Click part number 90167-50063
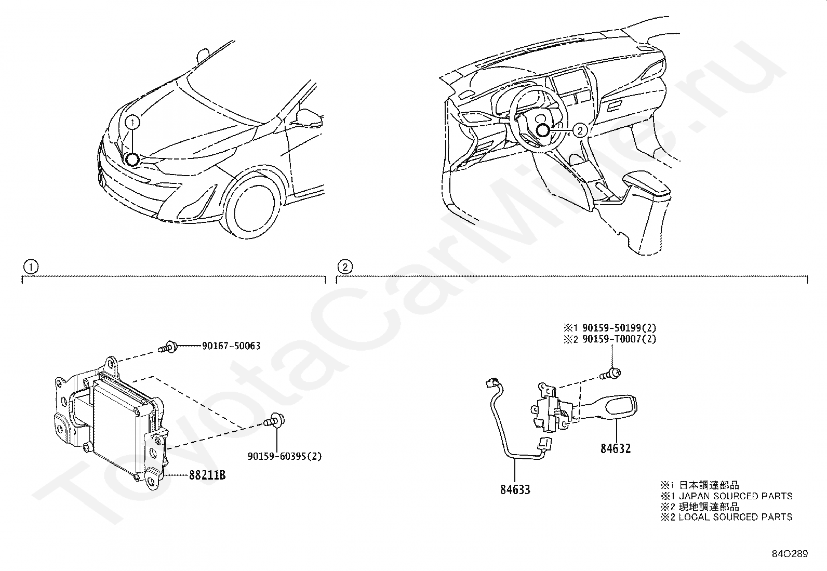(x=231, y=346)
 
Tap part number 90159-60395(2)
(x=284, y=457)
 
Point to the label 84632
(x=616, y=448)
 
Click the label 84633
(x=515, y=489)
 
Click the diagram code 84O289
(x=790, y=554)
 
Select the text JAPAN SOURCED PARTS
(x=736, y=496)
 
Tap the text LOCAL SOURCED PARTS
(x=736, y=517)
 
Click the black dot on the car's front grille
(x=132, y=160)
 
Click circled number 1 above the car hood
(x=134, y=122)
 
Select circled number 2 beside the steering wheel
(x=581, y=130)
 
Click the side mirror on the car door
(x=310, y=117)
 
